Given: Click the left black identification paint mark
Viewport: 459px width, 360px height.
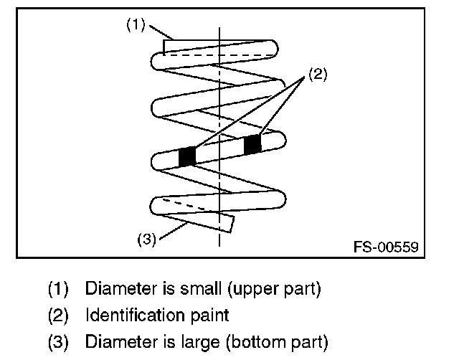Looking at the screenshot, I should [x=187, y=156].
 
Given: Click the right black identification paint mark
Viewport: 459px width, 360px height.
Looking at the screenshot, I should [x=252, y=144].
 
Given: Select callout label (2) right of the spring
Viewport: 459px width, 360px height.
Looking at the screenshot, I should [x=318, y=75].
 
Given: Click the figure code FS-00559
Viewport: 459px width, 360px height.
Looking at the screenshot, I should [x=385, y=247].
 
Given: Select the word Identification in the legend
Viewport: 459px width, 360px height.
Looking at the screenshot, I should [x=128, y=314].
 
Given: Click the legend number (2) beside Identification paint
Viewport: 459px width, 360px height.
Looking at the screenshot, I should [x=59, y=314].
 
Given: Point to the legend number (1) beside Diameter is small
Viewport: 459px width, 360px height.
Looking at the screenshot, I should [x=59, y=290].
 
